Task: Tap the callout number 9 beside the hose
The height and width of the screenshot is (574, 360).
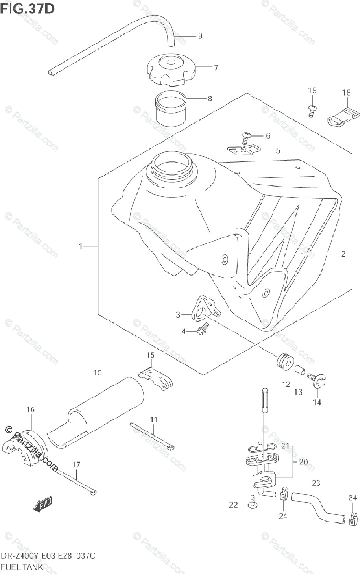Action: [x=200, y=36]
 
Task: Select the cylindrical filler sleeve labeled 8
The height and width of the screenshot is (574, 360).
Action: [x=172, y=110]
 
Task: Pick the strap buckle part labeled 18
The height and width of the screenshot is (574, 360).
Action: [x=343, y=115]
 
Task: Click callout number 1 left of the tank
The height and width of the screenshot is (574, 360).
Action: [x=81, y=246]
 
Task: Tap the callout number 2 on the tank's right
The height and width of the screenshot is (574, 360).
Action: [x=343, y=254]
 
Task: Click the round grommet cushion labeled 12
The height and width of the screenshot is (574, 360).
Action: [x=285, y=362]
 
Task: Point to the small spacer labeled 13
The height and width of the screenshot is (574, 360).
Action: [x=299, y=370]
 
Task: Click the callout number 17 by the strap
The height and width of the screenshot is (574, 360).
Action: [x=76, y=464]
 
